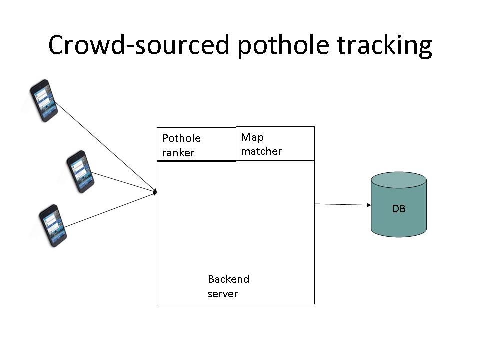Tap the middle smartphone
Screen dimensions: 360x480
tap(80, 171)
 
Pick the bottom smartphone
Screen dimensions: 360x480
tap(53, 225)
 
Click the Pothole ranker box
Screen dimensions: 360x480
tap(196, 145)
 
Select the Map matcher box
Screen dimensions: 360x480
tap(275, 144)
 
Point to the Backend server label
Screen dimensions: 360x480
tap(228, 286)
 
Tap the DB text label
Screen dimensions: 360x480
tap(398, 209)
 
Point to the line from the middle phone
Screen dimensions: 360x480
tap(125, 182)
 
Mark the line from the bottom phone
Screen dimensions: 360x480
tap(110, 209)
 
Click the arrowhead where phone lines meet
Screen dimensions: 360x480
tap(155, 192)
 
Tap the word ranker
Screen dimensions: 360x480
tap(178, 153)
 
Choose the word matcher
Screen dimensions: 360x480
tap(261, 151)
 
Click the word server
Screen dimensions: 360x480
tap(223, 293)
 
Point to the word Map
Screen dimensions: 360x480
tap(252, 137)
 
